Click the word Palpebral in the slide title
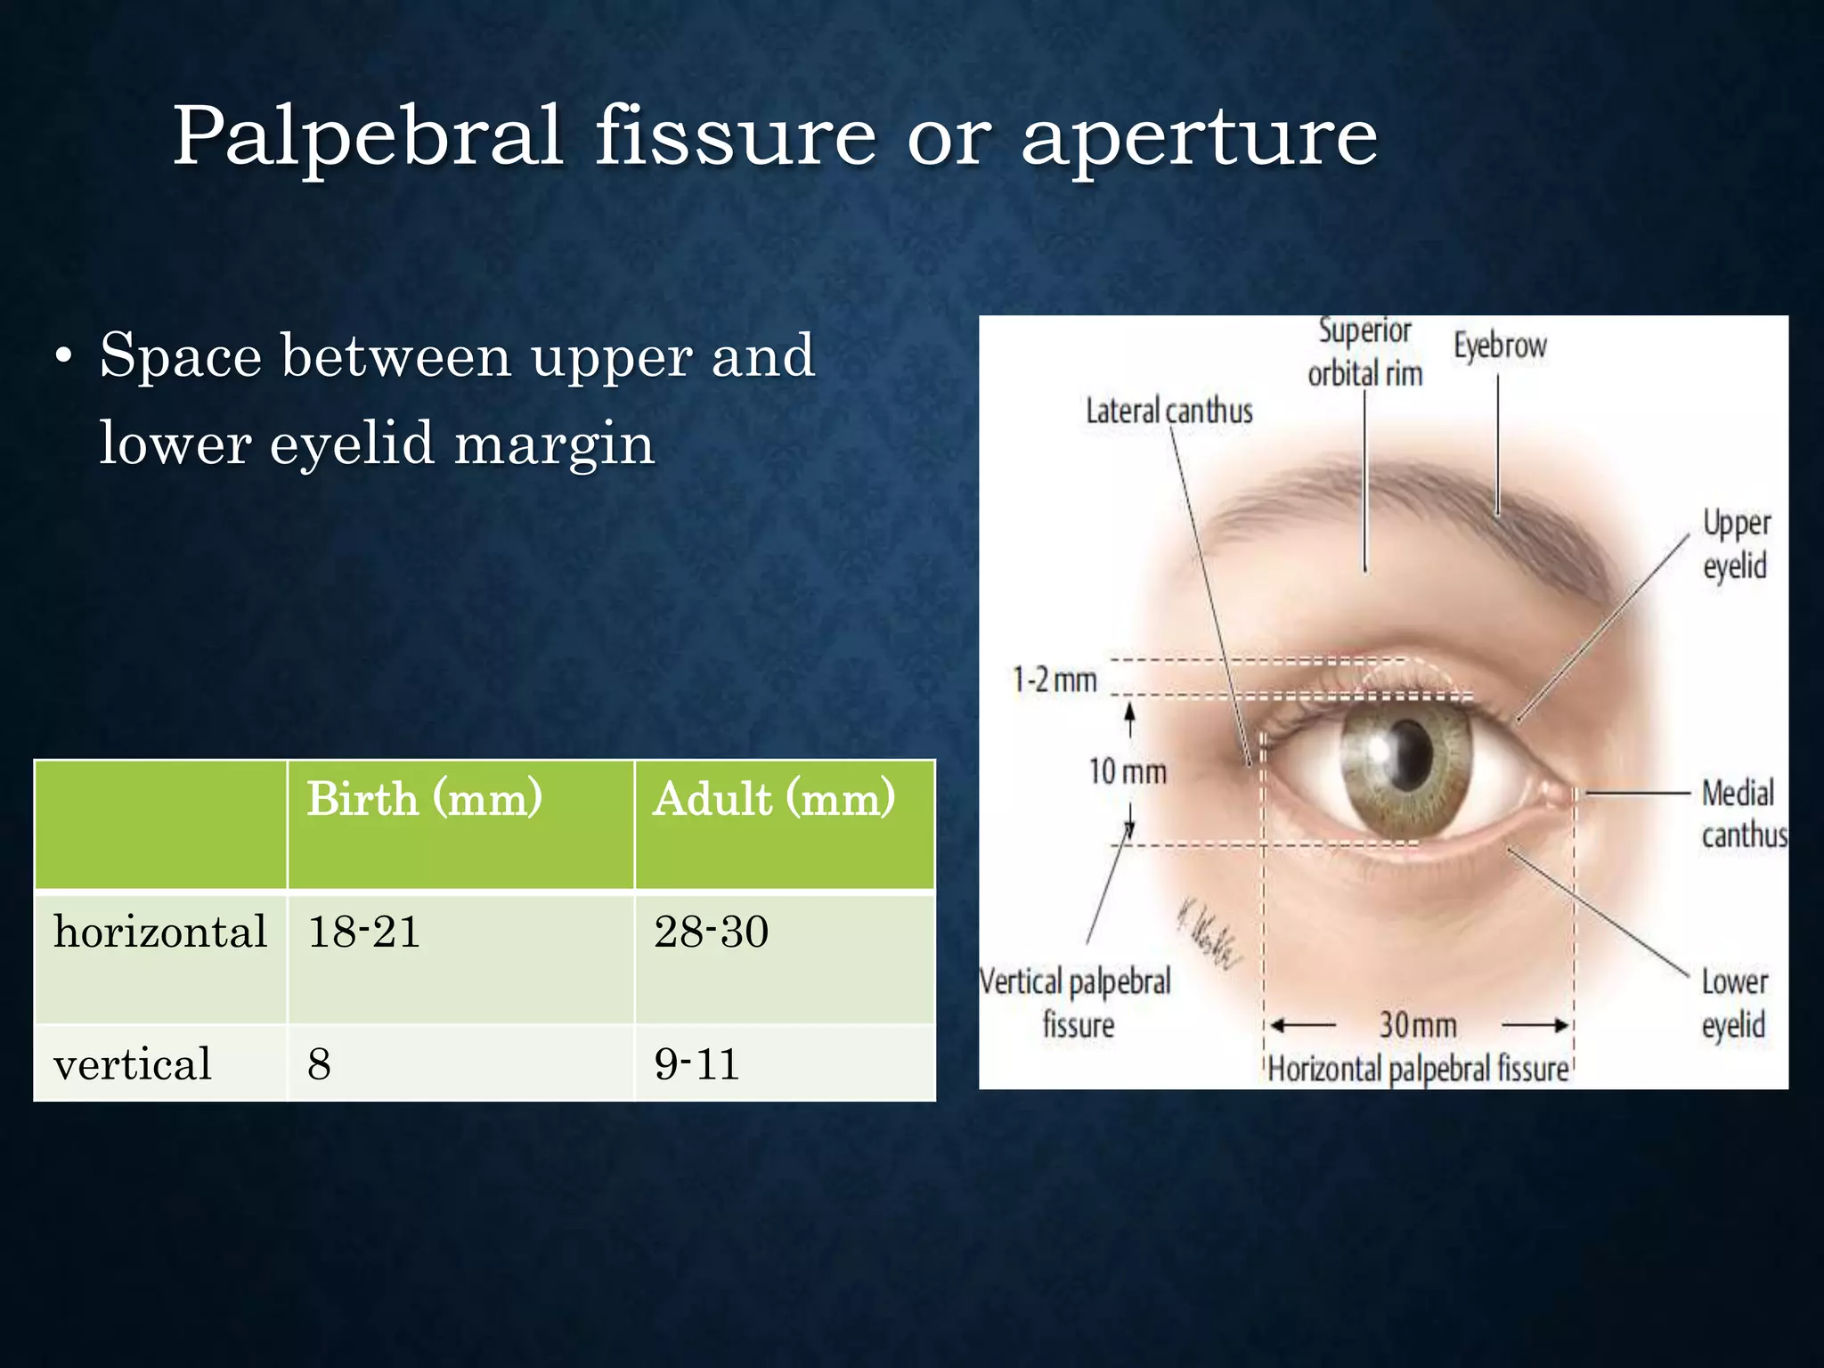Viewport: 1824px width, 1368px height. click(367, 136)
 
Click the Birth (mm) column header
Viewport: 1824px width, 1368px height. click(424, 798)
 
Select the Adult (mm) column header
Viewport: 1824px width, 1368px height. click(773, 798)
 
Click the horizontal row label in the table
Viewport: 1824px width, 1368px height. click(160, 932)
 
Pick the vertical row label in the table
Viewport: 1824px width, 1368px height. click(133, 1063)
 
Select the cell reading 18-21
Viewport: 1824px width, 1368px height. click(363, 932)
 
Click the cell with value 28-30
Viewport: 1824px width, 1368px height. click(711, 932)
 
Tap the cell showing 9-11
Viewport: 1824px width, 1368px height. click(696, 1063)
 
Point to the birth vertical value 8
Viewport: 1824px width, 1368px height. click(319, 1063)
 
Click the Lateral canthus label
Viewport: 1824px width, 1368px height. click(1168, 411)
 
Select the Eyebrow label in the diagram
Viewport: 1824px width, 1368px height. click(1500, 346)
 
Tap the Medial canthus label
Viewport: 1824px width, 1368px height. click(1742, 813)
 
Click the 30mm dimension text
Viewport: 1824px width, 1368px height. click(1418, 1024)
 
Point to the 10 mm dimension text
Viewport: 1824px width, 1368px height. click(1128, 771)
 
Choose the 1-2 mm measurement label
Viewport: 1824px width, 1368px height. click(1054, 680)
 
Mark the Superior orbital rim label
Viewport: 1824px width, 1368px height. click(1364, 353)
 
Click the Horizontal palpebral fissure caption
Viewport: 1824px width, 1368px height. click(1418, 1069)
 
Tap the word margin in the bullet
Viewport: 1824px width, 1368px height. click(554, 444)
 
